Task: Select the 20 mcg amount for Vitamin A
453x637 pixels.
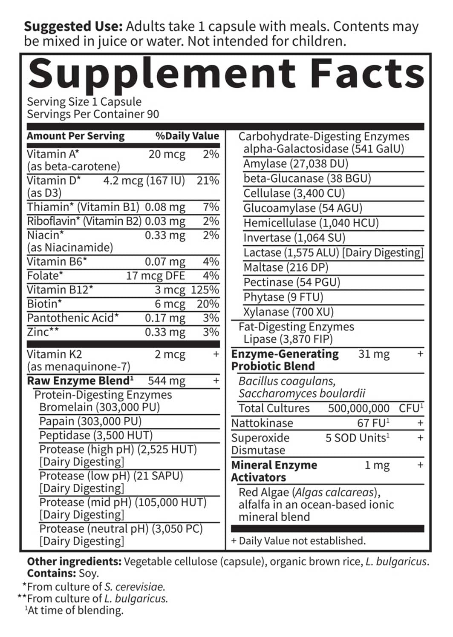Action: [x=167, y=154]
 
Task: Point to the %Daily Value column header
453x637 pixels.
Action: [x=187, y=136]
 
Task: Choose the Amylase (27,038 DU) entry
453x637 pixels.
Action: [x=296, y=164]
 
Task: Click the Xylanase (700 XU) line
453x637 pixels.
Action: [x=288, y=312]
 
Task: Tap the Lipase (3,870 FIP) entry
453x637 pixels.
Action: [x=288, y=339]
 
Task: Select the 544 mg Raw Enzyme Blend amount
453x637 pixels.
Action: [x=167, y=381]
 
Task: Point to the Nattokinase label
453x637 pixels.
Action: [x=262, y=423]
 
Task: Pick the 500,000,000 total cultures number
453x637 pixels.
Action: [x=358, y=408]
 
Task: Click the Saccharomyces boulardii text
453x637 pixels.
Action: [x=302, y=393]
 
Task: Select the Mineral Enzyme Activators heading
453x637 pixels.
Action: [x=274, y=471]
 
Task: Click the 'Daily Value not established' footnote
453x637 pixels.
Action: [x=298, y=541]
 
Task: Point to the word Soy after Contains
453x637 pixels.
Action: [x=89, y=573]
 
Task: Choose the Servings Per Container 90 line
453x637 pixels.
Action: [x=93, y=114]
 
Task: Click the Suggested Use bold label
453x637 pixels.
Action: [x=73, y=26]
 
